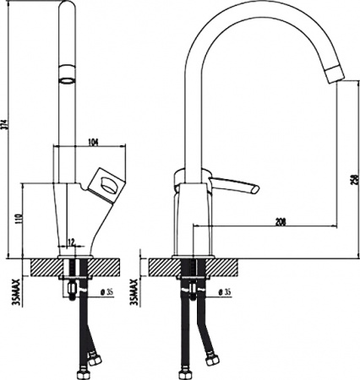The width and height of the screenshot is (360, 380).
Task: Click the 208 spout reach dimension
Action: [x=280, y=221]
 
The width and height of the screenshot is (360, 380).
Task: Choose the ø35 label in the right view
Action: [x=226, y=293]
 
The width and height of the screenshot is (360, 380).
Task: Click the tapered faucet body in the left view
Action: [x=68, y=215]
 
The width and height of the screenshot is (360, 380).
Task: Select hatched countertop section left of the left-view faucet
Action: [x=42, y=266]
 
